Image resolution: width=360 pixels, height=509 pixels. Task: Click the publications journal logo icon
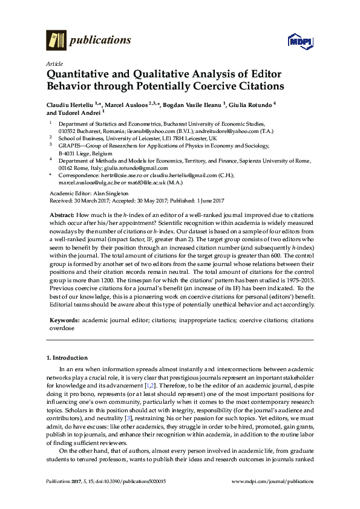56,41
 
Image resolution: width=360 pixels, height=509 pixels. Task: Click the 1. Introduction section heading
70,357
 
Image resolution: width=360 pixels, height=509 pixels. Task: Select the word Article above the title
53,63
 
